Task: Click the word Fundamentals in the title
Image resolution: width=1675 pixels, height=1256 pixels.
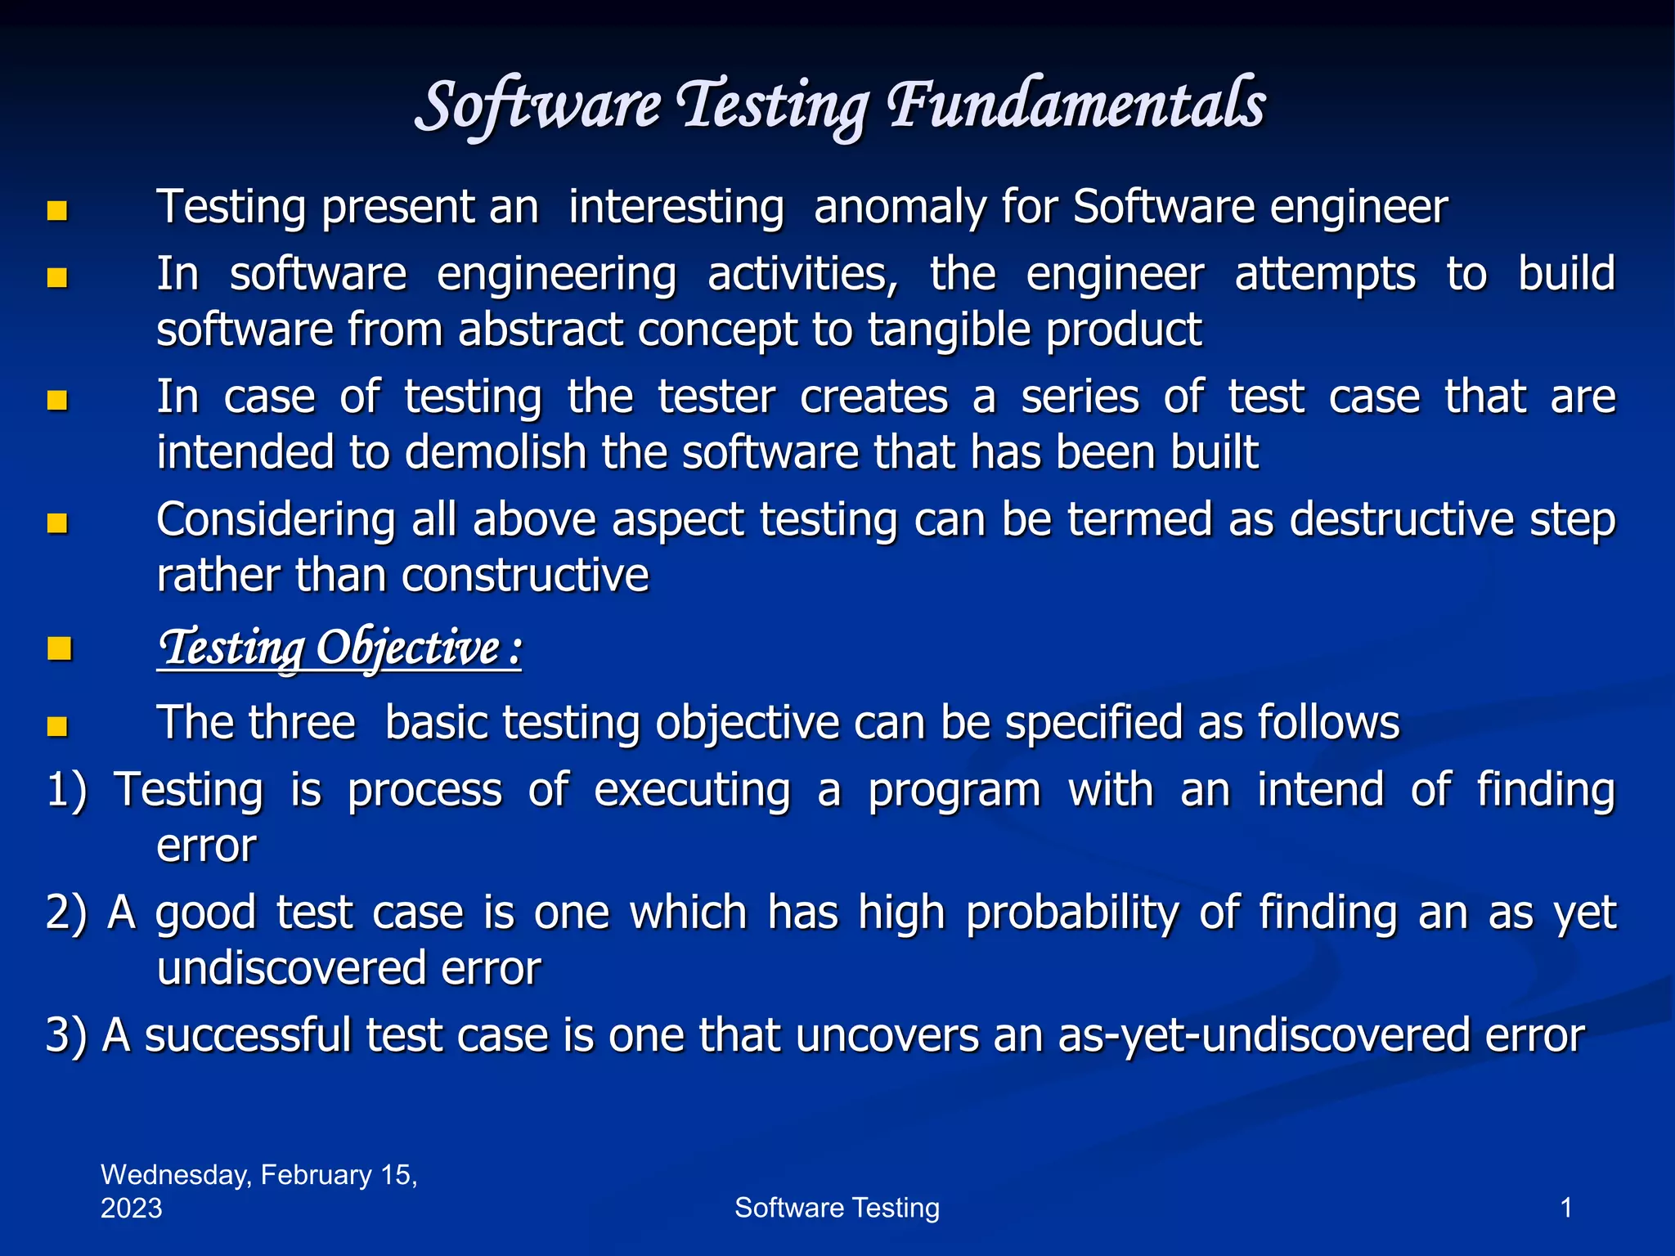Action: point(1076,106)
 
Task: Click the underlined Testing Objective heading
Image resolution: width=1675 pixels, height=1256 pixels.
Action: point(339,648)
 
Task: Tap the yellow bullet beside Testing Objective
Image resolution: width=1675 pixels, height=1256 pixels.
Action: point(59,649)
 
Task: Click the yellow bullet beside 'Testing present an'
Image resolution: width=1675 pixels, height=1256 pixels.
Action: point(57,211)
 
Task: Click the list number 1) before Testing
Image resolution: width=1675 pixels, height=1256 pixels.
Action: point(67,791)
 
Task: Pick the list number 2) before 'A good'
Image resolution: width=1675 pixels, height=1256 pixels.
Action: point(67,913)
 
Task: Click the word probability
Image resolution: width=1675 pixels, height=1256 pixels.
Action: point(1072,913)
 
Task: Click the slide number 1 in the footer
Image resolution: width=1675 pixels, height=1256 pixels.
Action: point(1566,1208)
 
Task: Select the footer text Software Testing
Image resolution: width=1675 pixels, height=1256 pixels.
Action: point(837,1208)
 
